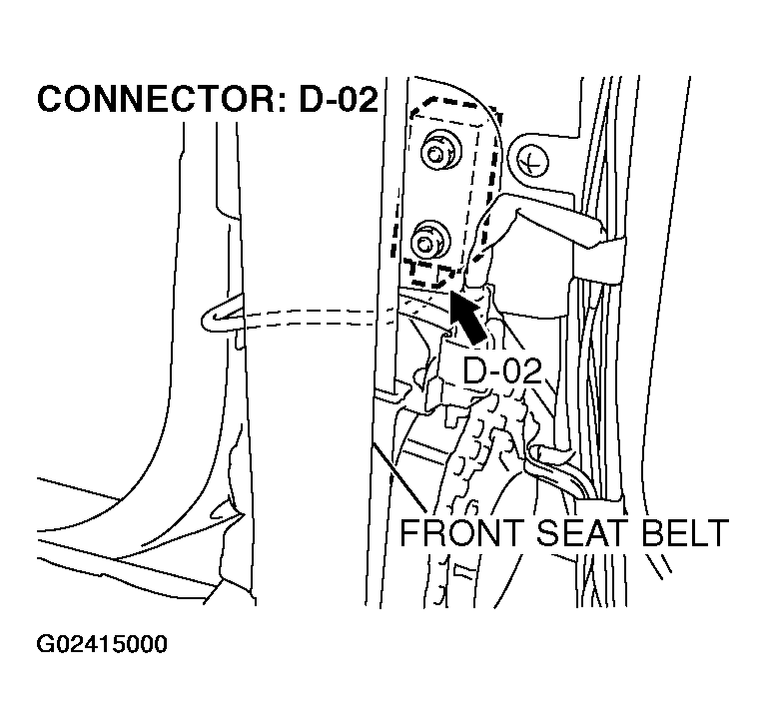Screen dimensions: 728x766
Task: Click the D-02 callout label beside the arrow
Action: pos(502,370)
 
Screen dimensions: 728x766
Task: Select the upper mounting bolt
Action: pos(435,153)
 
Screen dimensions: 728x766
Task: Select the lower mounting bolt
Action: pos(429,241)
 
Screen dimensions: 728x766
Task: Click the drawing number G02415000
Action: pos(102,644)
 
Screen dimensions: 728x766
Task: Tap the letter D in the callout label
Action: pos(475,370)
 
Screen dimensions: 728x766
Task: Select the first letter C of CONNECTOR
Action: pos(49,100)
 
